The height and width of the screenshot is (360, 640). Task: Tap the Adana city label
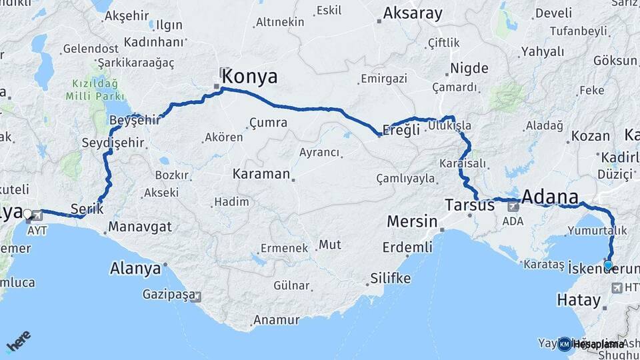coord(550,197)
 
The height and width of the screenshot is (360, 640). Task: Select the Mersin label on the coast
coord(413,221)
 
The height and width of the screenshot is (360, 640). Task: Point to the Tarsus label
coord(469,205)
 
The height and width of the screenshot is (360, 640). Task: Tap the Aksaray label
coord(411,13)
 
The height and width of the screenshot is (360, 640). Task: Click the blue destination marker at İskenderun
coord(608,265)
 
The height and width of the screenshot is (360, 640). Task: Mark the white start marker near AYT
coord(27,214)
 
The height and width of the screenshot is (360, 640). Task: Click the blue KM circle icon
coord(564,344)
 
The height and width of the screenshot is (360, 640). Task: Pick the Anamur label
coord(277,320)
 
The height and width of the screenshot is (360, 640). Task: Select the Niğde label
coord(469,68)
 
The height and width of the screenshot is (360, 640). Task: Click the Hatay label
coord(579,301)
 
